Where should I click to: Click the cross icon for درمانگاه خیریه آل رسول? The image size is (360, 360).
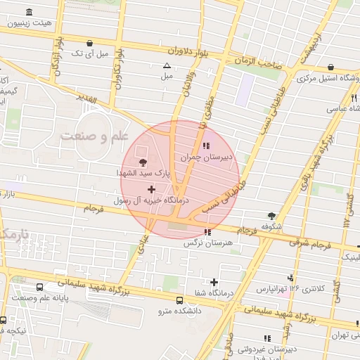coord(151,189)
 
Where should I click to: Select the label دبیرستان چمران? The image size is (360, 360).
coord(206,158)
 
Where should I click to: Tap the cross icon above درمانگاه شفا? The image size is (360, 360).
coord(214,282)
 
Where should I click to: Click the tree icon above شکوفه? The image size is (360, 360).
coord(271,216)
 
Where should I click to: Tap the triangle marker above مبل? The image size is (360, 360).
coord(167,65)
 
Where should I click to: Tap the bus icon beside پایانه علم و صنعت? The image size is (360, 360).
coord(39,288)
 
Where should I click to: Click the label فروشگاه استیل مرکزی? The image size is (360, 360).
coord(329,77)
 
